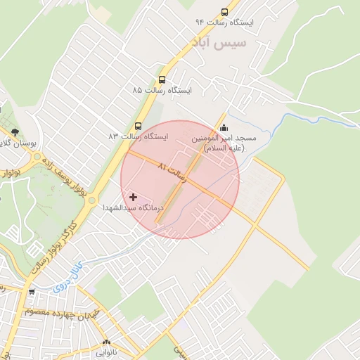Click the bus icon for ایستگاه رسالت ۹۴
[x=224, y=12]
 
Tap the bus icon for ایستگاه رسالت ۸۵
[x=162, y=80]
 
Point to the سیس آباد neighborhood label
[x=219, y=43]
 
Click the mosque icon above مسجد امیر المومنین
[x=224, y=127]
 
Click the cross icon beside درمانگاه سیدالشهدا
[x=134, y=198]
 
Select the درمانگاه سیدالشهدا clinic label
[x=133, y=208]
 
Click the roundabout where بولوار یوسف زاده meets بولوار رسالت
[x=92, y=200]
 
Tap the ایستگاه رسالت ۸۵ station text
[x=162, y=91]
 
